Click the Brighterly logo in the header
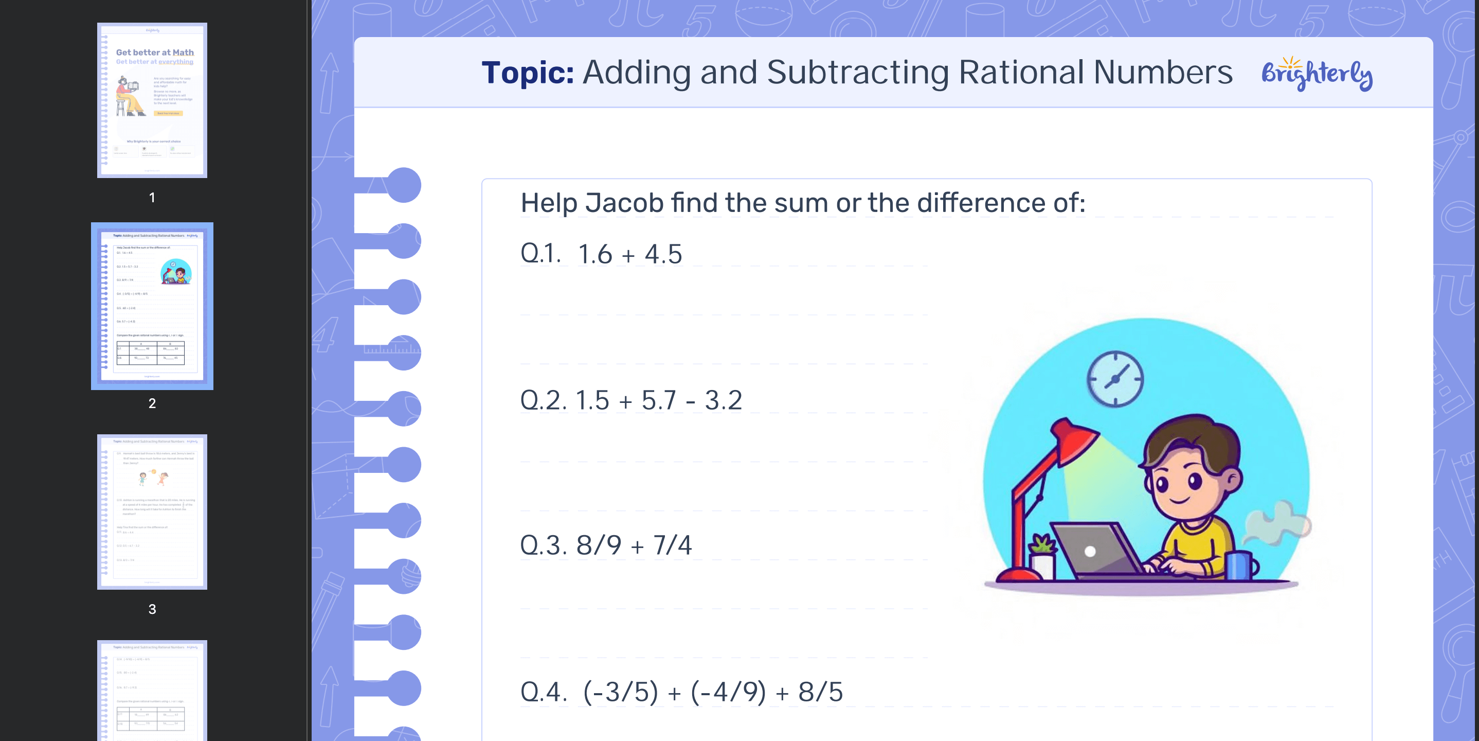[1316, 74]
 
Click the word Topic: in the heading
[527, 73]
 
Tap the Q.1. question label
[539, 253]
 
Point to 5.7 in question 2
[659, 400]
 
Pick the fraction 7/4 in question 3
[672, 545]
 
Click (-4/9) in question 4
[728, 692]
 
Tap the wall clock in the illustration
[1115, 379]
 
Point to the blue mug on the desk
[1240, 564]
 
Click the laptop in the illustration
[1091, 549]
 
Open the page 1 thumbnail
[152, 100]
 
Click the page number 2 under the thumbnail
[152, 403]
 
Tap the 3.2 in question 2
[723, 400]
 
